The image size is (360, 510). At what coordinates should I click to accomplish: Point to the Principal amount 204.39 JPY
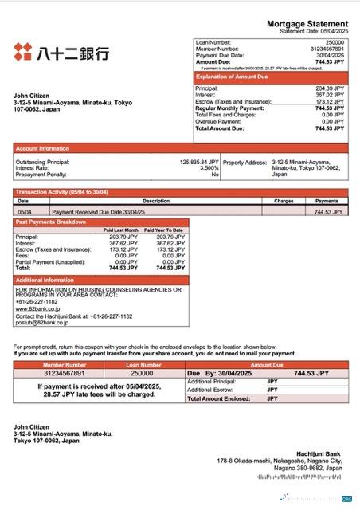tap(330, 88)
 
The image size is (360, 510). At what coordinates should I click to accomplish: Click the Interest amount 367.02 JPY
tap(330, 95)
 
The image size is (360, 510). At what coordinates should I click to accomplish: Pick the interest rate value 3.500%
tap(209, 167)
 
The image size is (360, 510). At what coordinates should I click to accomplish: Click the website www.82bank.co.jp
tap(38, 308)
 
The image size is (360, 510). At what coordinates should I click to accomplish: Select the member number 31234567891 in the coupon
tap(63, 373)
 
